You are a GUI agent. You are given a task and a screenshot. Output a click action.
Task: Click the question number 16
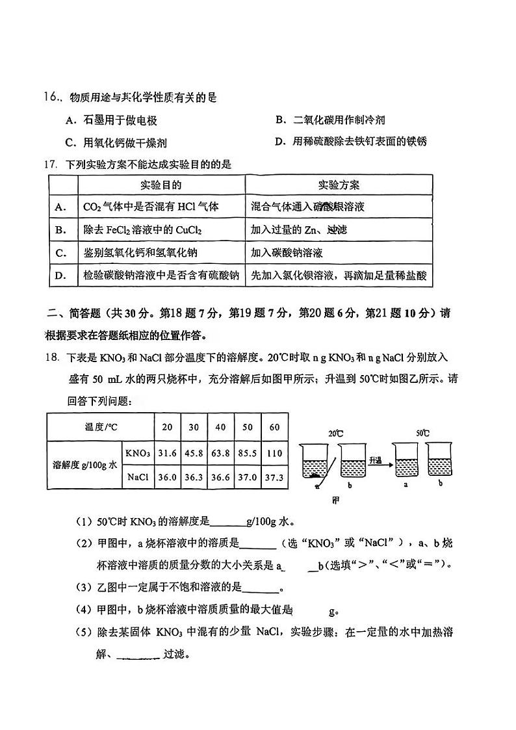point(51,98)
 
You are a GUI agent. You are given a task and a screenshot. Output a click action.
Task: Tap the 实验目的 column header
point(161,185)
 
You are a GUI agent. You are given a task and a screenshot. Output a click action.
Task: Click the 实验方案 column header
point(339,185)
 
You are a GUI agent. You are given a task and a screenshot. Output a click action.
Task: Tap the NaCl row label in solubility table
point(138,476)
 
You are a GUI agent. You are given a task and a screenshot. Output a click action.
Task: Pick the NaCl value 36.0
point(167,476)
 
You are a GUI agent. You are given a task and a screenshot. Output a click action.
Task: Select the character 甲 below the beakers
point(336,501)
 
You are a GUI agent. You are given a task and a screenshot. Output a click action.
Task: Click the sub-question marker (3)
point(85,588)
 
